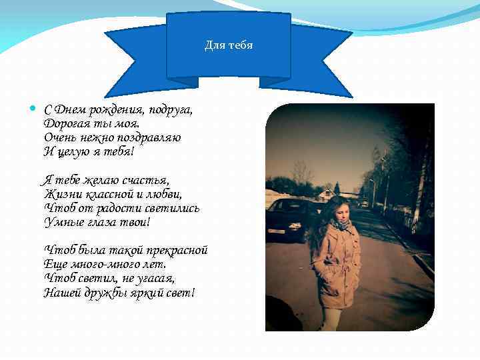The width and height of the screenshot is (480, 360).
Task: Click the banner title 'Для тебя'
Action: (x=228, y=46)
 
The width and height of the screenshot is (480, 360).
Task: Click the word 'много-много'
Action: (x=98, y=264)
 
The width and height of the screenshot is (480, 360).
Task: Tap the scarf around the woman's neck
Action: (x=341, y=225)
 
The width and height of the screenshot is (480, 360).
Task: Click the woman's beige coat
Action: (x=337, y=263)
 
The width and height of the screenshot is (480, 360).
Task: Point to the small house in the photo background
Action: (x=327, y=195)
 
